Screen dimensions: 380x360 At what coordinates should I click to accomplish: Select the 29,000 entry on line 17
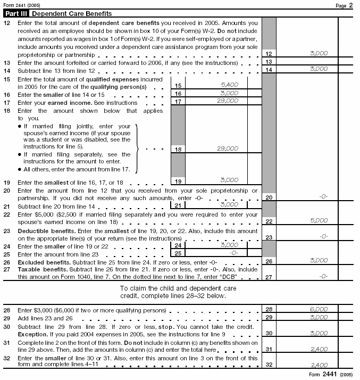point(228,101)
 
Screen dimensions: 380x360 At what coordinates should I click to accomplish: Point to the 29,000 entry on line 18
point(228,149)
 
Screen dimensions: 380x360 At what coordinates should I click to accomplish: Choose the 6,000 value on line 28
point(319,309)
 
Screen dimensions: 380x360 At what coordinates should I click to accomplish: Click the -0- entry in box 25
point(232,253)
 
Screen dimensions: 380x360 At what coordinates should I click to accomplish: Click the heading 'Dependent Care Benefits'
point(72,13)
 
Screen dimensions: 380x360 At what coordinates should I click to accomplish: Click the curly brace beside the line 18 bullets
point(139,148)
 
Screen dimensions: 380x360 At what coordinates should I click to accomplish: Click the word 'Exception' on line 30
point(33,333)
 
